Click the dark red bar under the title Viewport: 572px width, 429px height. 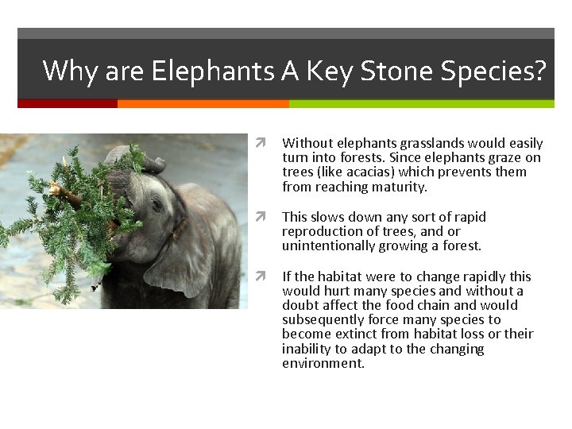click(68, 103)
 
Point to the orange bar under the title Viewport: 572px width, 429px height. click(203, 103)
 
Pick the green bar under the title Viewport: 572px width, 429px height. click(421, 103)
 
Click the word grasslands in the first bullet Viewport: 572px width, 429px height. click(431, 144)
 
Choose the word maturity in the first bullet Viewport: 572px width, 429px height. click(401, 187)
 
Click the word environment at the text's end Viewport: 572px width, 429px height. click(323, 364)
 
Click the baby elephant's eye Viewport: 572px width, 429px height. click(157, 206)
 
